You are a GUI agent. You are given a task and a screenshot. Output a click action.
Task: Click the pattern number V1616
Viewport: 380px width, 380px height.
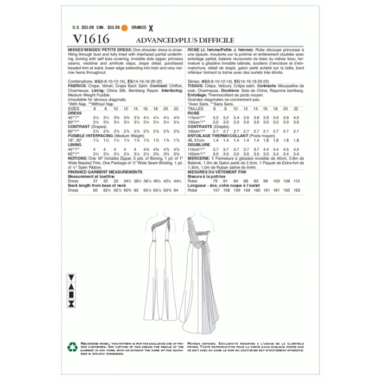click(x=89, y=39)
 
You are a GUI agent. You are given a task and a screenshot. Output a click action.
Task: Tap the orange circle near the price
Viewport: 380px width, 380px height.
click(x=124, y=27)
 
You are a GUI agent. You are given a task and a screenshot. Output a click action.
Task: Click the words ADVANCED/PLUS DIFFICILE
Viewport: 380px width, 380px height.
click(x=185, y=40)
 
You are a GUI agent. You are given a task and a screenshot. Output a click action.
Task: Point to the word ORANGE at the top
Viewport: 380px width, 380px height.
click(x=139, y=27)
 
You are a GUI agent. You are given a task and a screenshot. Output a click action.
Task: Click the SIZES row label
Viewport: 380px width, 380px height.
click(x=73, y=109)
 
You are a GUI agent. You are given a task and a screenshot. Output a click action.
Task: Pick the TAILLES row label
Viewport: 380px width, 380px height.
click(x=195, y=109)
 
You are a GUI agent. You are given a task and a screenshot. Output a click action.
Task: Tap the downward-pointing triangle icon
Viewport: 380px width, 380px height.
click(x=71, y=278)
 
